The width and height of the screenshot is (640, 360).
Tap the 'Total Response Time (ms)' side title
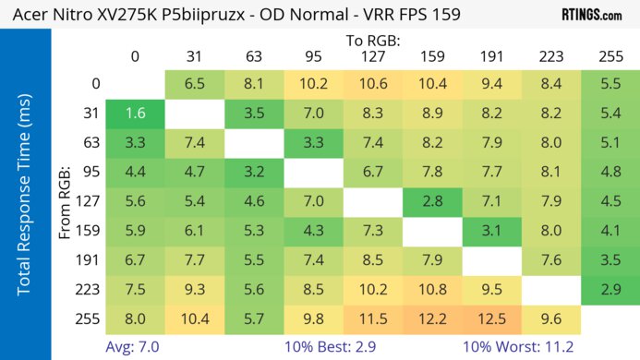coord(25,198)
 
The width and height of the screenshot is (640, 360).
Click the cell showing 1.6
coord(135,114)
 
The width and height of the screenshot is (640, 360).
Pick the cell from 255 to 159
coord(432,318)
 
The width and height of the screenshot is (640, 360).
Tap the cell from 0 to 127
coord(372,84)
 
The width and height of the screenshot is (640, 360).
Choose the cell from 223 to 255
coord(610,289)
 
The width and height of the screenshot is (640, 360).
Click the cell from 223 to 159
coord(432,289)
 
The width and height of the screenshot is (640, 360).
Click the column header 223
coord(550,55)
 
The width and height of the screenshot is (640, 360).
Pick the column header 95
coord(313,55)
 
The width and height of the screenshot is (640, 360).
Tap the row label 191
coord(90,260)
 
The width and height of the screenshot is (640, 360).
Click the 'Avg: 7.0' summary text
coord(136,346)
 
